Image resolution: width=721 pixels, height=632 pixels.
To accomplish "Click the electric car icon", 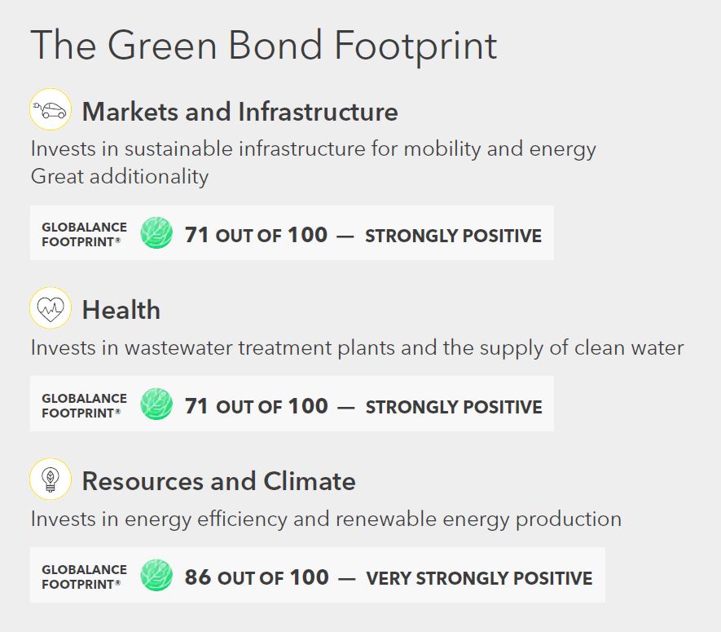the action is [51, 109].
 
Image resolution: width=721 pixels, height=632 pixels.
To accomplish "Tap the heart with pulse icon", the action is [51, 308].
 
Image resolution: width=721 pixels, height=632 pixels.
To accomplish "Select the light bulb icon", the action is [51, 480].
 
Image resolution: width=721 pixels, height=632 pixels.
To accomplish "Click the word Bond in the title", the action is [275, 45].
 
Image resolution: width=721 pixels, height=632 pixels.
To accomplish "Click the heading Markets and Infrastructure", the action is [240, 112].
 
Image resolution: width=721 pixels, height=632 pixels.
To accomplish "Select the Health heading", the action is [121, 310].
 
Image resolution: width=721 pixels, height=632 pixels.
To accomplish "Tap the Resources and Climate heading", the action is [219, 481].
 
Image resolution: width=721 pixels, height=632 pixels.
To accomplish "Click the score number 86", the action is [198, 577].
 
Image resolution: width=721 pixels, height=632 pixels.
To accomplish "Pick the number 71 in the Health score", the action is [196, 406].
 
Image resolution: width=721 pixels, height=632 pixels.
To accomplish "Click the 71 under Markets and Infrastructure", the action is [196, 235].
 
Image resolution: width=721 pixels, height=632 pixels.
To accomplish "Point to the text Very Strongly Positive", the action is [479, 578].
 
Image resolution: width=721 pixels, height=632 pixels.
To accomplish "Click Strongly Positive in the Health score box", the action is [454, 407].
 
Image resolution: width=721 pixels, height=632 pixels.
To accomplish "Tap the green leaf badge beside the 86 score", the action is [156, 575].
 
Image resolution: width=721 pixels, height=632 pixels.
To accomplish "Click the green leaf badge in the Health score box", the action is [156, 404].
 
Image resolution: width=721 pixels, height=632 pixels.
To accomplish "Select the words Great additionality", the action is [120, 176].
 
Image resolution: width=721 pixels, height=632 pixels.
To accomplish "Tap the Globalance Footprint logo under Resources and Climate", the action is [84, 577].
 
